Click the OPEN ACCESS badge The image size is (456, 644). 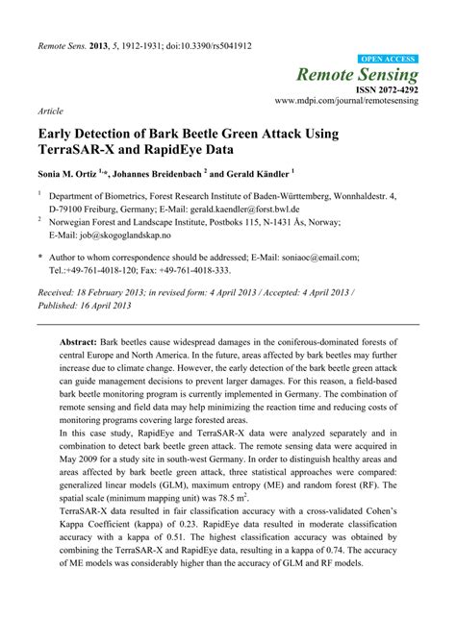point(387,59)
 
